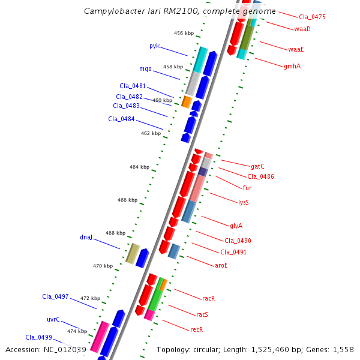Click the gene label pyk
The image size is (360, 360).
point(154,46)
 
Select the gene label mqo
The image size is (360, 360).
point(145,68)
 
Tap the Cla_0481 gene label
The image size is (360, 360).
point(132,86)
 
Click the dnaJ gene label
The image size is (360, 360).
point(86,237)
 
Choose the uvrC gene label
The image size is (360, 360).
point(53,319)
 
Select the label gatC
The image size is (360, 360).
point(257,166)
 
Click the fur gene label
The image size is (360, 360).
point(247,188)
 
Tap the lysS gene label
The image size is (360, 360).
point(243,202)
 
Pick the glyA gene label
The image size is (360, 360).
point(236,226)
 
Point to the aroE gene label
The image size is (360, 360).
point(221,265)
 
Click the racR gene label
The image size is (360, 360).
point(208,298)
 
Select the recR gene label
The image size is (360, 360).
point(196,329)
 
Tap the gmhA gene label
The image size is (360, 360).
point(292,67)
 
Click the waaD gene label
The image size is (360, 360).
point(302,29)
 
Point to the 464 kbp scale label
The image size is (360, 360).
point(139,167)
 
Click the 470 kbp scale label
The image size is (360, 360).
point(103,266)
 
